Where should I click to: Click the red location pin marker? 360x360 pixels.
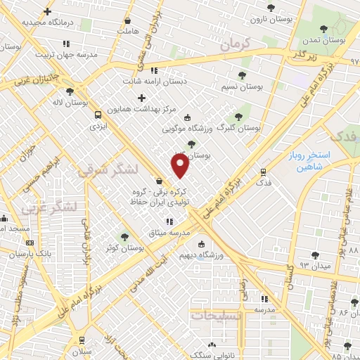click(x=181, y=166)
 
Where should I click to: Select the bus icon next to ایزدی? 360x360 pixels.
click(x=97, y=113)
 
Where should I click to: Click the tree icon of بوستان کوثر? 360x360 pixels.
click(x=124, y=237)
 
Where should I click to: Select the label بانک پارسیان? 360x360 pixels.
click(x=34, y=252)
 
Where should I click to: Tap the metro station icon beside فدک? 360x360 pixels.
click(x=264, y=171)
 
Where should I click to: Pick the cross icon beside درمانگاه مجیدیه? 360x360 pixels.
click(x=47, y=12)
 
